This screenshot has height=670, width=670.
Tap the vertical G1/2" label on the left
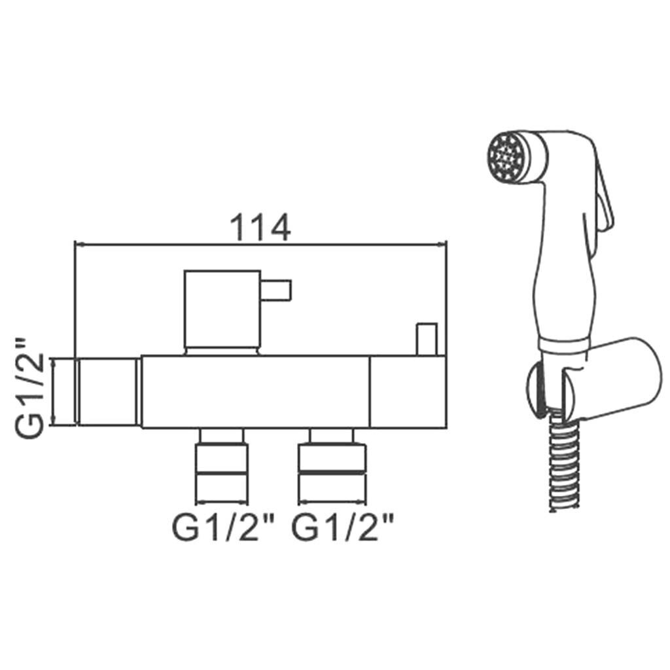pyautogui.click(x=29, y=387)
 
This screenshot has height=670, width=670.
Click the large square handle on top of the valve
pyautogui.click(x=222, y=309)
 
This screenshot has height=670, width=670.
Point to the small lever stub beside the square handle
pyautogui.click(x=277, y=291)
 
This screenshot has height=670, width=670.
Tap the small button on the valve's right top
pyautogui.click(x=427, y=339)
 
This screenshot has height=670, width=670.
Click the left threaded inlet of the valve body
pyautogui.click(x=109, y=393)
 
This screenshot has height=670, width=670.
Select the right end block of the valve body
pyautogui.click(x=408, y=392)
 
